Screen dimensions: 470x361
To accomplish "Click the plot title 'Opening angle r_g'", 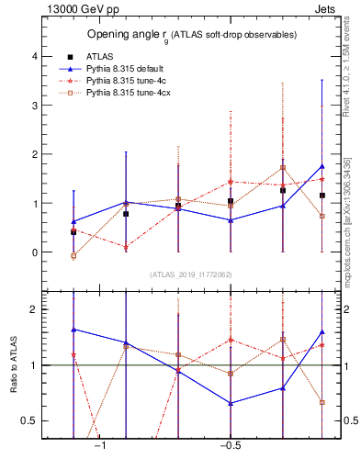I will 192,35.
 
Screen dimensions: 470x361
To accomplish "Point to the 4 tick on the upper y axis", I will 35,56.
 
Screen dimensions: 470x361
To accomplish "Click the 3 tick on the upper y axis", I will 35,106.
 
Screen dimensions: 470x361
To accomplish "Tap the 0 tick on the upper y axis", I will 35,252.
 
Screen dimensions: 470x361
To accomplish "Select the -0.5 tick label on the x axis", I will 230,446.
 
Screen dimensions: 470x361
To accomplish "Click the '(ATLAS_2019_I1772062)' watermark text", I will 191,274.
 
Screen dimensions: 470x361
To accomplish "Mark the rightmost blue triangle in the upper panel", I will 322,166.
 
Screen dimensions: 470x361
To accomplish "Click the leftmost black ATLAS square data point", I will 73,232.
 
